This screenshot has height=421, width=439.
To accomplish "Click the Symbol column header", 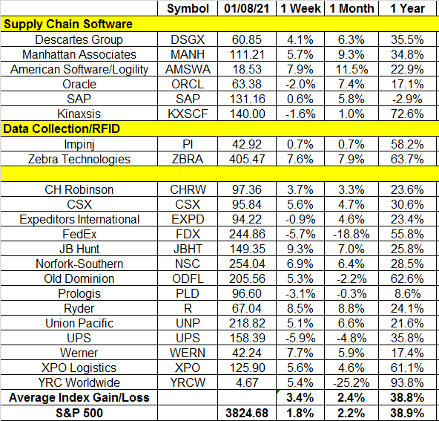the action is [188, 8].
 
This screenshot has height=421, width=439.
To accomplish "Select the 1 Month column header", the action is [351, 8].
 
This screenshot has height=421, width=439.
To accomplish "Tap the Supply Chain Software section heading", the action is [68, 24].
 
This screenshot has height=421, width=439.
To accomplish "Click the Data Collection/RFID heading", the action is [62, 128].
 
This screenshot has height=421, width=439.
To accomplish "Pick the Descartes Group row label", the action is [79, 39].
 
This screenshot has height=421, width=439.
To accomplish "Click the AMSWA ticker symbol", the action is [188, 69].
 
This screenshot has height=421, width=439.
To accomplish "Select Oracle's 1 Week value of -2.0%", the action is [300, 84].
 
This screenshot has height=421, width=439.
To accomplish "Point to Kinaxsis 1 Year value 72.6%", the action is [407, 114].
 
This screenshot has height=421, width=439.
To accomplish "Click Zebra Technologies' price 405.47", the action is [247, 159].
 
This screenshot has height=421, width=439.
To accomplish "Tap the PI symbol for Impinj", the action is [188, 144].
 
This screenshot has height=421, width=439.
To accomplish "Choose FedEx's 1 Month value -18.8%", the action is [351, 234].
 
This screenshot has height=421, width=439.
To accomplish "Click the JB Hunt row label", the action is [79, 249].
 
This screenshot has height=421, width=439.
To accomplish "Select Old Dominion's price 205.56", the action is [247, 278].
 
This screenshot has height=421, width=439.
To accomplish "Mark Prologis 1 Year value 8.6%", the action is [407, 293].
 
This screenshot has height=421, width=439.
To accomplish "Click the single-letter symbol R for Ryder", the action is [188, 308].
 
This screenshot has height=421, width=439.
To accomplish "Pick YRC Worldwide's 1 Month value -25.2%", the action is [351, 382].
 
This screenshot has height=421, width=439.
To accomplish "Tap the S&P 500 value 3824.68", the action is [247, 413].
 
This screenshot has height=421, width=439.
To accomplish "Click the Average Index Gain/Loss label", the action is [79, 397].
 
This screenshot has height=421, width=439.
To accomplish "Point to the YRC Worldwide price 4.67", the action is [247, 382].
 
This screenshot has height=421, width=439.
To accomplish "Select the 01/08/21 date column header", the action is [247, 8].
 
